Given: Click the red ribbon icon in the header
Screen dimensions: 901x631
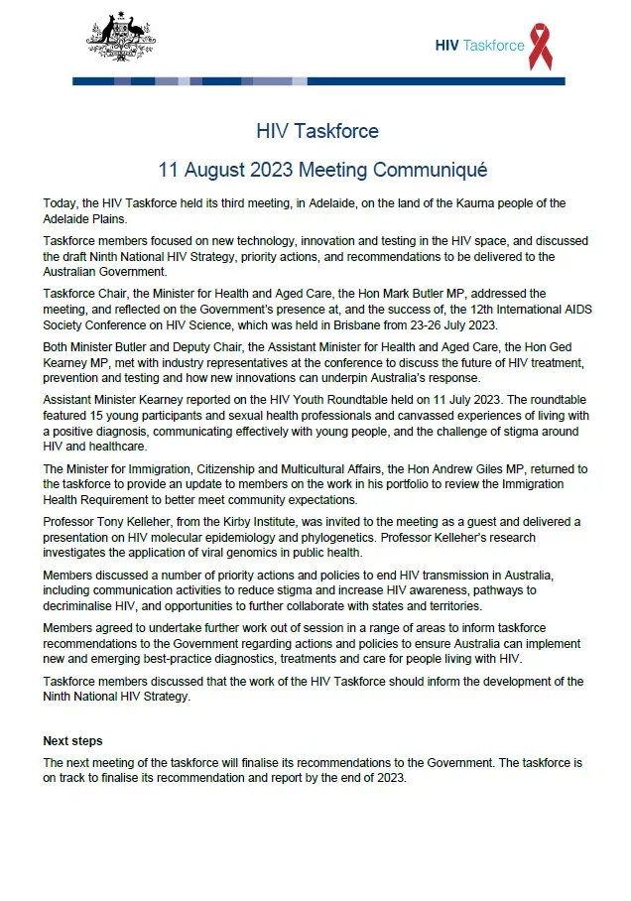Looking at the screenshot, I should [x=541, y=47].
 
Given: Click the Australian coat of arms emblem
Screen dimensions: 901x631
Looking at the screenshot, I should [x=121, y=40].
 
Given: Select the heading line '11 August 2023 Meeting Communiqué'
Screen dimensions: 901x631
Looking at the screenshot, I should [x=316, y=170].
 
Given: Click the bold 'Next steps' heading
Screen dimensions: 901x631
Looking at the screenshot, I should [x=72, y=741].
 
